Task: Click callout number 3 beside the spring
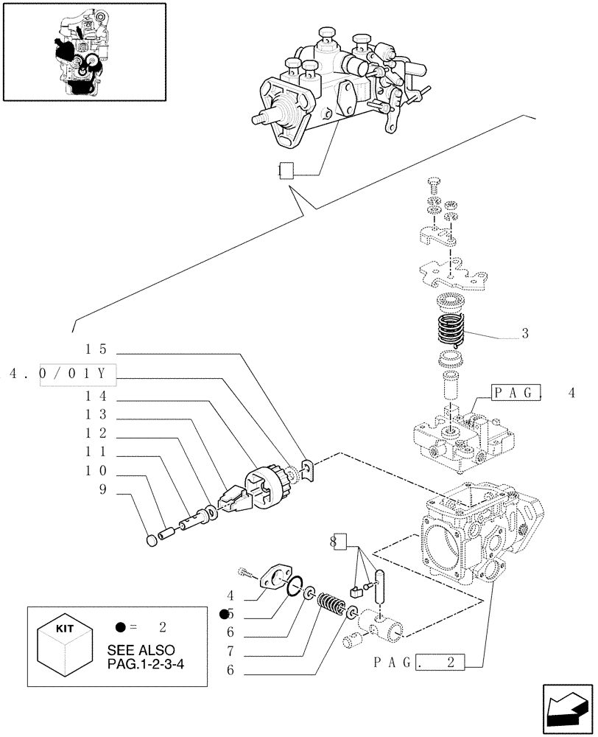524,333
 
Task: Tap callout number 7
231,650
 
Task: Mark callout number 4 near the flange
231,595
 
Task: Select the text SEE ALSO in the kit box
141,650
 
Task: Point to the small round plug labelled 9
152,541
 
